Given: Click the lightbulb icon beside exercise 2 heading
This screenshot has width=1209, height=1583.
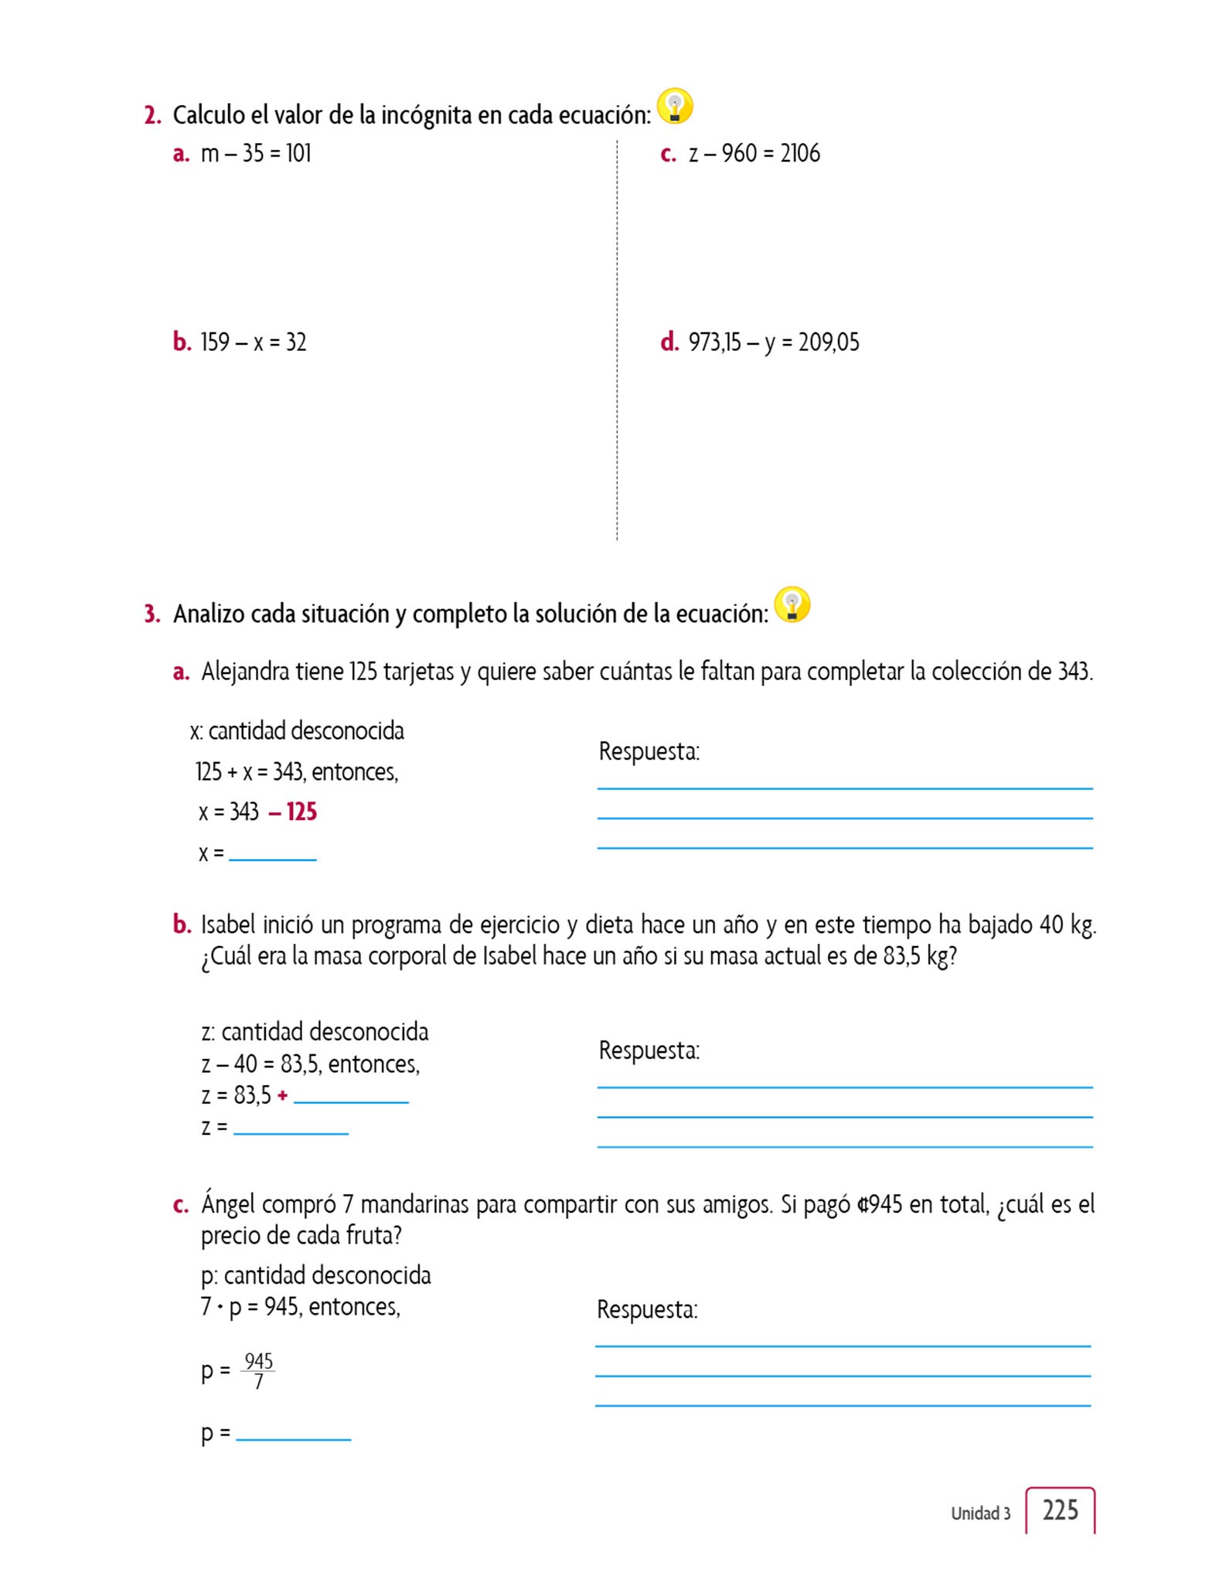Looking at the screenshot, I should tap(674, 107).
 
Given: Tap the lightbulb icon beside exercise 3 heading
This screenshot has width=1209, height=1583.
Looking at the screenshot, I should tap(792, 604).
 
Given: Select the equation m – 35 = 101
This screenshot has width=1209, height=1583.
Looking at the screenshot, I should tap(256, 154).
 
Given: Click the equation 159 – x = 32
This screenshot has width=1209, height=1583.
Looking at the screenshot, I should tap(254, 342).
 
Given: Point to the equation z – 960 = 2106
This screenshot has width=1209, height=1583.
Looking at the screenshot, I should tap(754, 154).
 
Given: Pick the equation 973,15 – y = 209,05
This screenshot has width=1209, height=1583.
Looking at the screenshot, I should tap(774, 342).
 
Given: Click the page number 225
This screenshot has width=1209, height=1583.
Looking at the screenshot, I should tap(1060, 1510).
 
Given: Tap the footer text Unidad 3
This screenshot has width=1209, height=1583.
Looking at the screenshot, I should tap(980, 1513).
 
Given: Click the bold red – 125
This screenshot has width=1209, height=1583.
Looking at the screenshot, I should tap(293, 812).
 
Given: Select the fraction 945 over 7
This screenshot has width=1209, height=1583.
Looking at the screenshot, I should tap(258, 1370).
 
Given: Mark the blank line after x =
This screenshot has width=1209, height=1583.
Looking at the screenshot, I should tap(272, 857).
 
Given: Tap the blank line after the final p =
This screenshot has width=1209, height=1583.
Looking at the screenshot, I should tap(293, 1437).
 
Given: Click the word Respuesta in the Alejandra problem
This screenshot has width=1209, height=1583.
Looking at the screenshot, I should tap(649, 751).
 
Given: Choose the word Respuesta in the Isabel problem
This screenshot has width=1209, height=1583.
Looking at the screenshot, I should tap(649, 1051).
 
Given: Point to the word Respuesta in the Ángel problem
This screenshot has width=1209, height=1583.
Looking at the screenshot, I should tap(647, 1310).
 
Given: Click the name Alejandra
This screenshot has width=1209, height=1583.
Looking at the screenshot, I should tap(245, 672).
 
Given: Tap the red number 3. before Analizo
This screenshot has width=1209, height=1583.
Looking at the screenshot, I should tap(152, 614).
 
